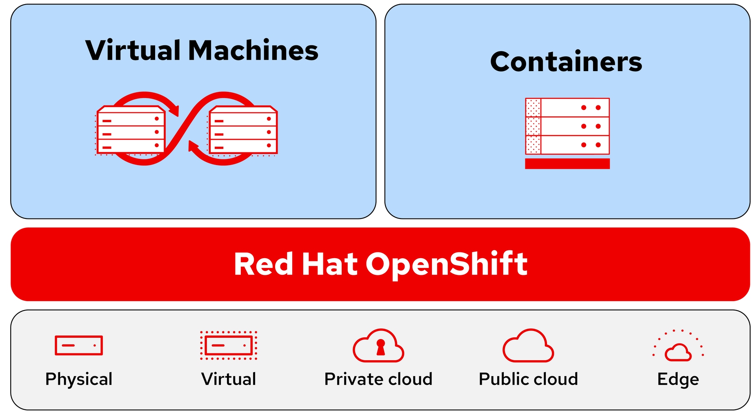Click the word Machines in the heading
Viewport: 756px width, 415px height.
[253, 51]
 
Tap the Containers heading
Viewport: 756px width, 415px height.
[566, 62]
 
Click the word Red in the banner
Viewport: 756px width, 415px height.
[263, 264]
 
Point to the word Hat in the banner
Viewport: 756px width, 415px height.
[329, 264]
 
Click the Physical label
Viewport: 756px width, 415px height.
[79, 379]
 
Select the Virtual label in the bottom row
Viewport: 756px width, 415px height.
[229, 379]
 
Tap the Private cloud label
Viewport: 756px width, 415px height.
[378, 379]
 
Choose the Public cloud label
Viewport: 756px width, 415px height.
[528, 379]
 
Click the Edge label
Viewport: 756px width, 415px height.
[678, 379]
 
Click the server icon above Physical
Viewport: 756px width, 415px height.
[79, 346]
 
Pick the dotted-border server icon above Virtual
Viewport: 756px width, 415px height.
[229, 346]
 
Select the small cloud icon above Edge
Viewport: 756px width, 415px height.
[678, 352]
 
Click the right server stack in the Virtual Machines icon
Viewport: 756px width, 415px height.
[243, 131]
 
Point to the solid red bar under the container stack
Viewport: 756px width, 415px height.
[567, 163]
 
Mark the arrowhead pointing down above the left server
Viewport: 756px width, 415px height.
[174, 111]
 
